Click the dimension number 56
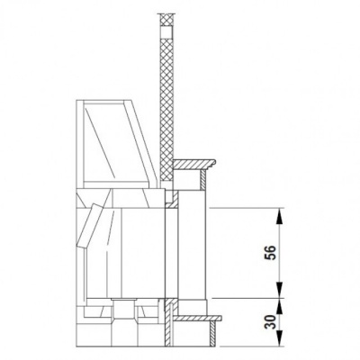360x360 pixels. [x=271, y=253]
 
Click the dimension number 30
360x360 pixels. [x=271, y=322]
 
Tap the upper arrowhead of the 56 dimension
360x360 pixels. [x=279, y=216]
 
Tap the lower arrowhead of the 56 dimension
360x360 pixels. [x=279, y=290]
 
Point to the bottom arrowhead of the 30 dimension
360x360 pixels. [x=279, y=338]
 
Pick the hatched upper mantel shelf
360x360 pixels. [x=194, y=165]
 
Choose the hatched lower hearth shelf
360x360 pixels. [x=198, y=318]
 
